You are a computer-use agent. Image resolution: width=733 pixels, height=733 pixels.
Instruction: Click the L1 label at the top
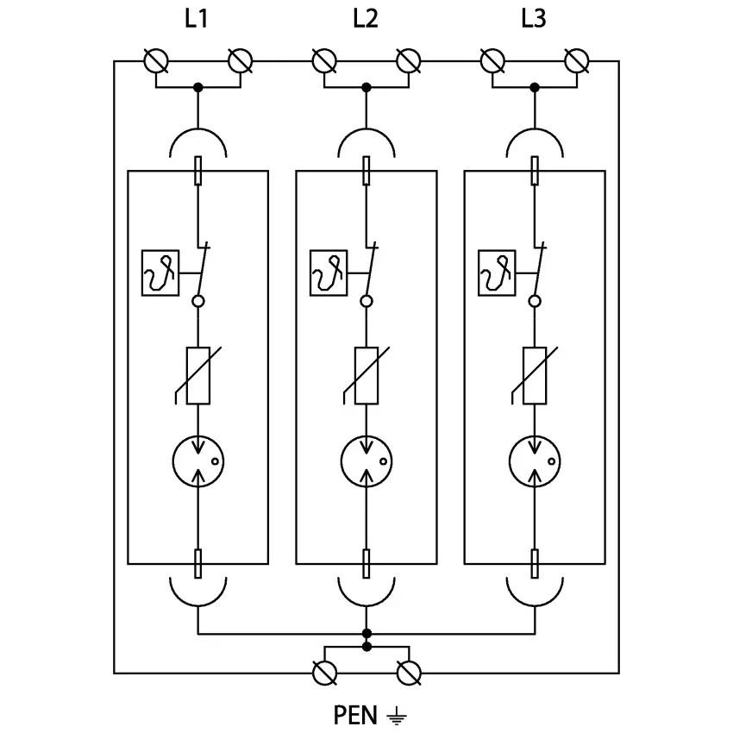(x=197, y=19)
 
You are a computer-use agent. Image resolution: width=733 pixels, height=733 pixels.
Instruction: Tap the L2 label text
(x=365, y=19)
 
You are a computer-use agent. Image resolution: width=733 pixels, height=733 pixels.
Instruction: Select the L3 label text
(x=534, y=19)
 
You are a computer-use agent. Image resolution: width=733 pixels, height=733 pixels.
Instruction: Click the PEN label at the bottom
(x=354, y=715)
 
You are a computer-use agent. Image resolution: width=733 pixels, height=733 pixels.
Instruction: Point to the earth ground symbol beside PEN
(x=395, y=715)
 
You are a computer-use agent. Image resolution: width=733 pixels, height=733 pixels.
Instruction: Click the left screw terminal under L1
(x=156, y=61)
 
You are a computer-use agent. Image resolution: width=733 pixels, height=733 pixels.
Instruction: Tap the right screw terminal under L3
(x=576, y=61)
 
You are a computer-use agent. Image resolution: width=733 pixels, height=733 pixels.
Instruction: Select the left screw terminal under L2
(x=324, y=61)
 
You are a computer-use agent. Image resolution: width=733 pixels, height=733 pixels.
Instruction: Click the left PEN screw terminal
(x=324, y=673)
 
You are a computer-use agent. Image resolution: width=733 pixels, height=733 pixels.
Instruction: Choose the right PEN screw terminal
(x=409, y=673)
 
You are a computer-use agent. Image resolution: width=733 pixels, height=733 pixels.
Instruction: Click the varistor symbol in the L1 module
(x=198, y=375)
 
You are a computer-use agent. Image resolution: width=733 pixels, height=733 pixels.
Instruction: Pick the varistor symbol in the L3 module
(x=535, y=375)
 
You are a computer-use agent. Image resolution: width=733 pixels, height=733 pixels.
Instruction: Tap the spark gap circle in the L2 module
(x=366, y=460)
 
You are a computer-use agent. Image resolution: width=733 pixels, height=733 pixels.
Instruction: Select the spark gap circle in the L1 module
(x=198, y=460)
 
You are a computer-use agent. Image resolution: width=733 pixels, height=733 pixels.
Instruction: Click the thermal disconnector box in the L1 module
(x=159, y=272)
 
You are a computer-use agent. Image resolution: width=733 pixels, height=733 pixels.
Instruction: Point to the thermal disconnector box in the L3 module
(x=496, y=272)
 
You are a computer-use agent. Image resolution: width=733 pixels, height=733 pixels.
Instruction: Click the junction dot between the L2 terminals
(x=366, y=87)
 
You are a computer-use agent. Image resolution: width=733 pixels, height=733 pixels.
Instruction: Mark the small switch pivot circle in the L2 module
(x=366, y=301)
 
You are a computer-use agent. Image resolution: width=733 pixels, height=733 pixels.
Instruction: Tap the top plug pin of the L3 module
(x=535, y=171)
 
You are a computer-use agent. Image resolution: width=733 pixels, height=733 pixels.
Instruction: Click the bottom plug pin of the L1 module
(x=198, y=564)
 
